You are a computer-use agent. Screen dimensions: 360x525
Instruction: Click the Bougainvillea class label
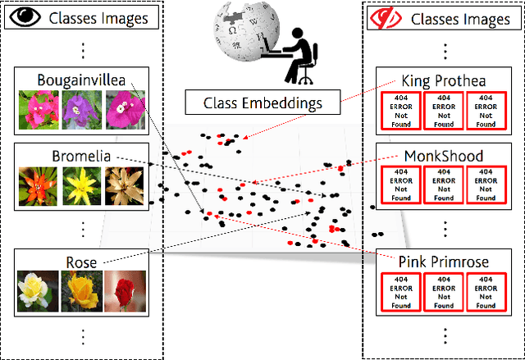[x=80, y=80]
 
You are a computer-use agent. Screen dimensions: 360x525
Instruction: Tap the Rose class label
[x=81, y=262]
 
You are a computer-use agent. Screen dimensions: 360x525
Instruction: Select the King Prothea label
[x=443, y=80]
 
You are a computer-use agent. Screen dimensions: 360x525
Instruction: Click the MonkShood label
[x=444, y=156]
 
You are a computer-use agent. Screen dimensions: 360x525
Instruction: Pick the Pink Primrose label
[x=444, y=262]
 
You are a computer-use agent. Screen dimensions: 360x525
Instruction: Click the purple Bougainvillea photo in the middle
[x=81, y=110]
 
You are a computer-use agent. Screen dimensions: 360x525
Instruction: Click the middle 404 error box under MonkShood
[x=444, y=185]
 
